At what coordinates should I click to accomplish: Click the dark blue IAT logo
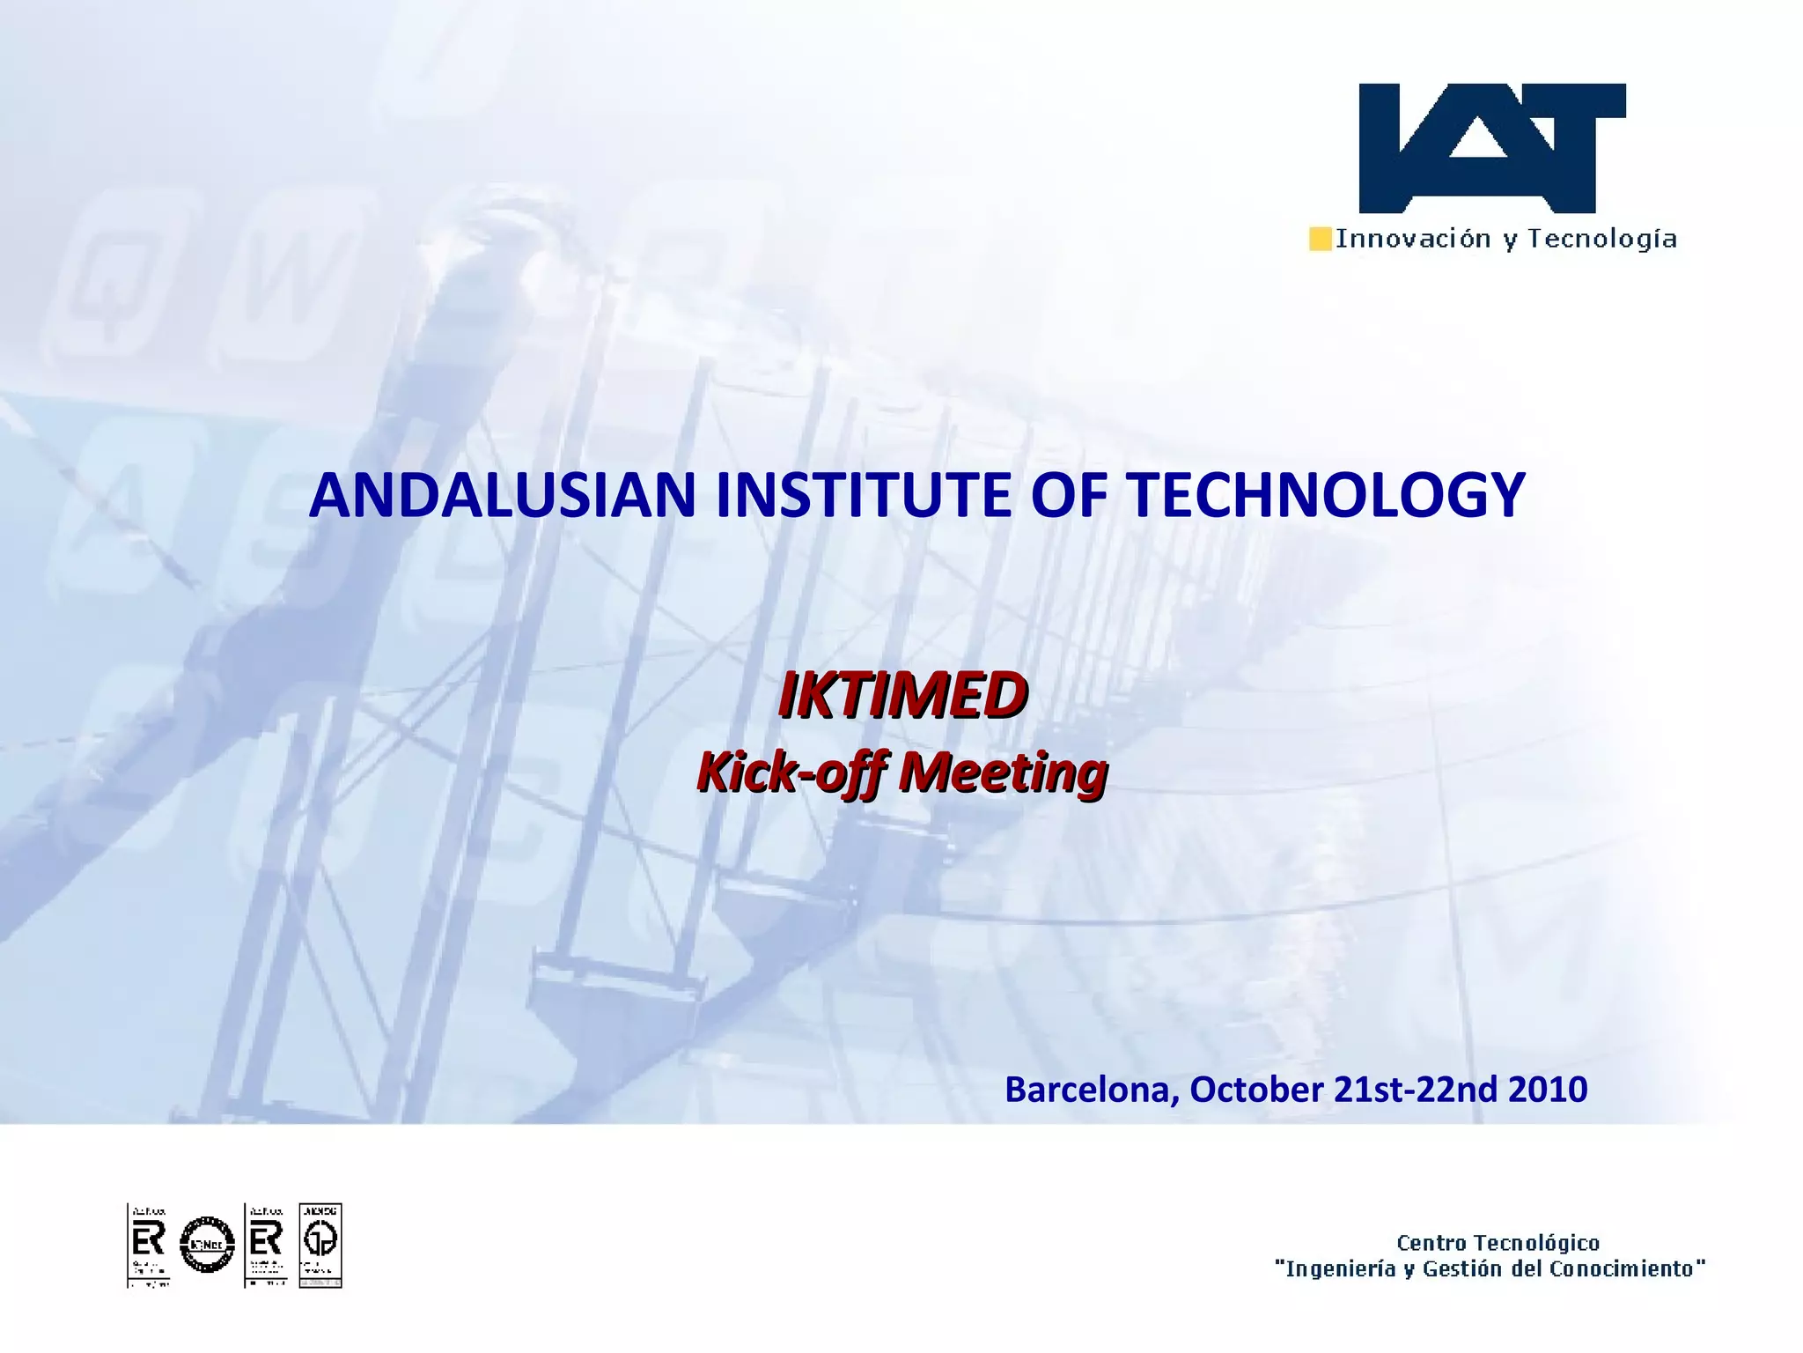tap(1491, 148)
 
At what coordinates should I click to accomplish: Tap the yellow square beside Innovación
tap(1320, 239)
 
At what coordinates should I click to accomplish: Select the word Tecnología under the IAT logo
tap(1601, 239)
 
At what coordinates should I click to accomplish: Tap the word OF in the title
tap(1070, 495)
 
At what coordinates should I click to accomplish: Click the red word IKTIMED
tap(902, 696)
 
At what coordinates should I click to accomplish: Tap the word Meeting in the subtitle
tap(1004, 773)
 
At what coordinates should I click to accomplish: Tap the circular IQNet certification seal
tap(207, 1245)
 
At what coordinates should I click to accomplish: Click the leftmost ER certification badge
tap(148, 1245)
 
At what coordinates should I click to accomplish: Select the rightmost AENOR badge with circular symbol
tap(320, 1245)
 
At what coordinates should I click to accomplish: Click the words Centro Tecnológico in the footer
tap(1498, 1243)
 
